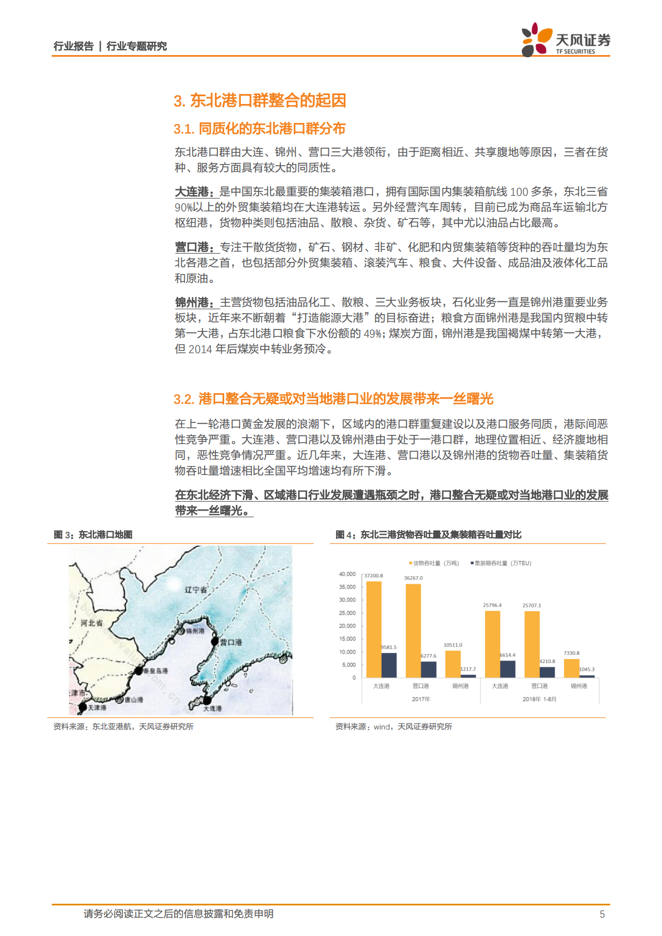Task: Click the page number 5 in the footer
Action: click(x=602, y=914)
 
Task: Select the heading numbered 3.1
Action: click(x=259, y=129)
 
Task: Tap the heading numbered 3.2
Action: click(x=333, y=399)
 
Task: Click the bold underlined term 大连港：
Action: click(x=196, y=192)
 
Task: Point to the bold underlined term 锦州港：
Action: click(x=196, y=303)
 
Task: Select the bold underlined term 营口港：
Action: click(x=196, y=247)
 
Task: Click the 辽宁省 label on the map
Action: click(x=196, y=590)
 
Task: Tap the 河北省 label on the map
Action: click(x=91, y=623)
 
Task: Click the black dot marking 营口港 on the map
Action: click(x=215, y=641)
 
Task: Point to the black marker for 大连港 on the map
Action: click(x=207, y=700)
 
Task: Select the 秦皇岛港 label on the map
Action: click(x=156, y=671)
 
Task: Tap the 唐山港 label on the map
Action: click(x=134, y=700)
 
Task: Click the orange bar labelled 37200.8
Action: click(x=374, y=628)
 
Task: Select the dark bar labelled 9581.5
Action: click(x=389, y=665)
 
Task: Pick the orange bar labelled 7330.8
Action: click(x=571, y=668)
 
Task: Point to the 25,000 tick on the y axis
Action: click(x=348, y=613)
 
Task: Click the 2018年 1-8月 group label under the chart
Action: click(x=539, y=699)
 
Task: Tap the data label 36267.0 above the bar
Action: click(x=413, y=578)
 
